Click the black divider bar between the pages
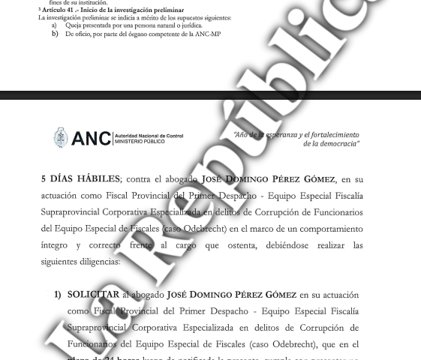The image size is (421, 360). tap(210, 96)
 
